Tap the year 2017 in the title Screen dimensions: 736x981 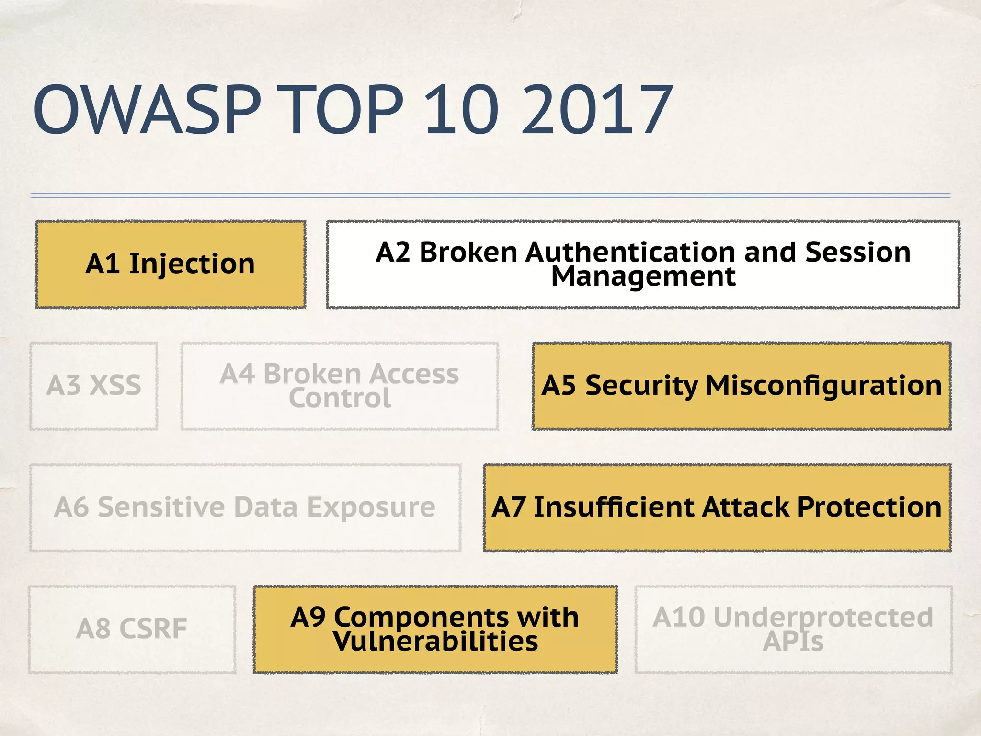[597, 110]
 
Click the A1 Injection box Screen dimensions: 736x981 [171, 264]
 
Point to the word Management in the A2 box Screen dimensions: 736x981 [643, 276]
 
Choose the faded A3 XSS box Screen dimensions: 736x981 [94, 386]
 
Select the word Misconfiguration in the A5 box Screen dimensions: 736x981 [823, 385]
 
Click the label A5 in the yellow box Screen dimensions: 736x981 [559, 385]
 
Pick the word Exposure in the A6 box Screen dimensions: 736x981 [371, 507]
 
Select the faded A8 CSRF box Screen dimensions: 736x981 [132, 629]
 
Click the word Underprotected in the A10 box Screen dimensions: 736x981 [823, 617]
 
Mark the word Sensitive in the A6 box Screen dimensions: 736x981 [161, 507]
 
